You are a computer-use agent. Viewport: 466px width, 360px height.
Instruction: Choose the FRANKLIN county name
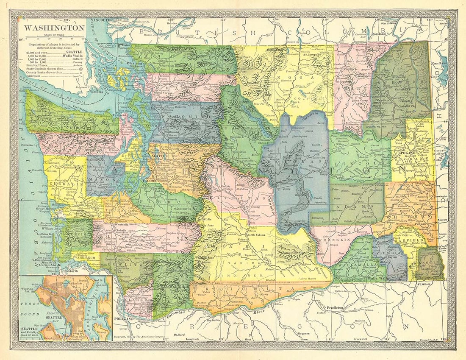click(x=337, y=240)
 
